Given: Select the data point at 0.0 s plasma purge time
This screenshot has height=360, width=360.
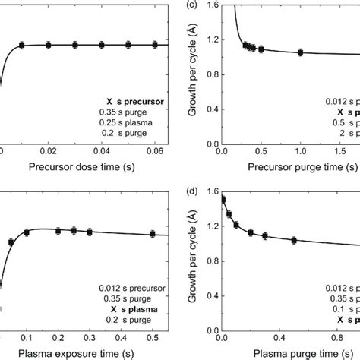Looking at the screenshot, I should [223, 200].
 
